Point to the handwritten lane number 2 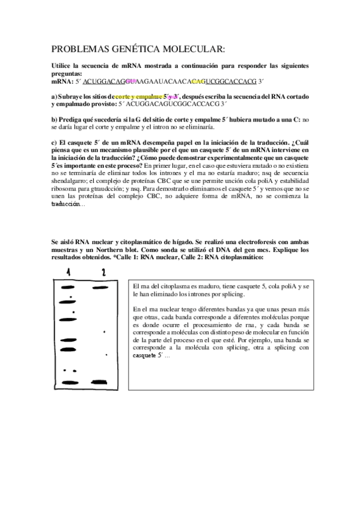click(103, 272)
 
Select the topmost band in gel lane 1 click(66, 289)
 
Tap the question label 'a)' click(54, 96)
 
